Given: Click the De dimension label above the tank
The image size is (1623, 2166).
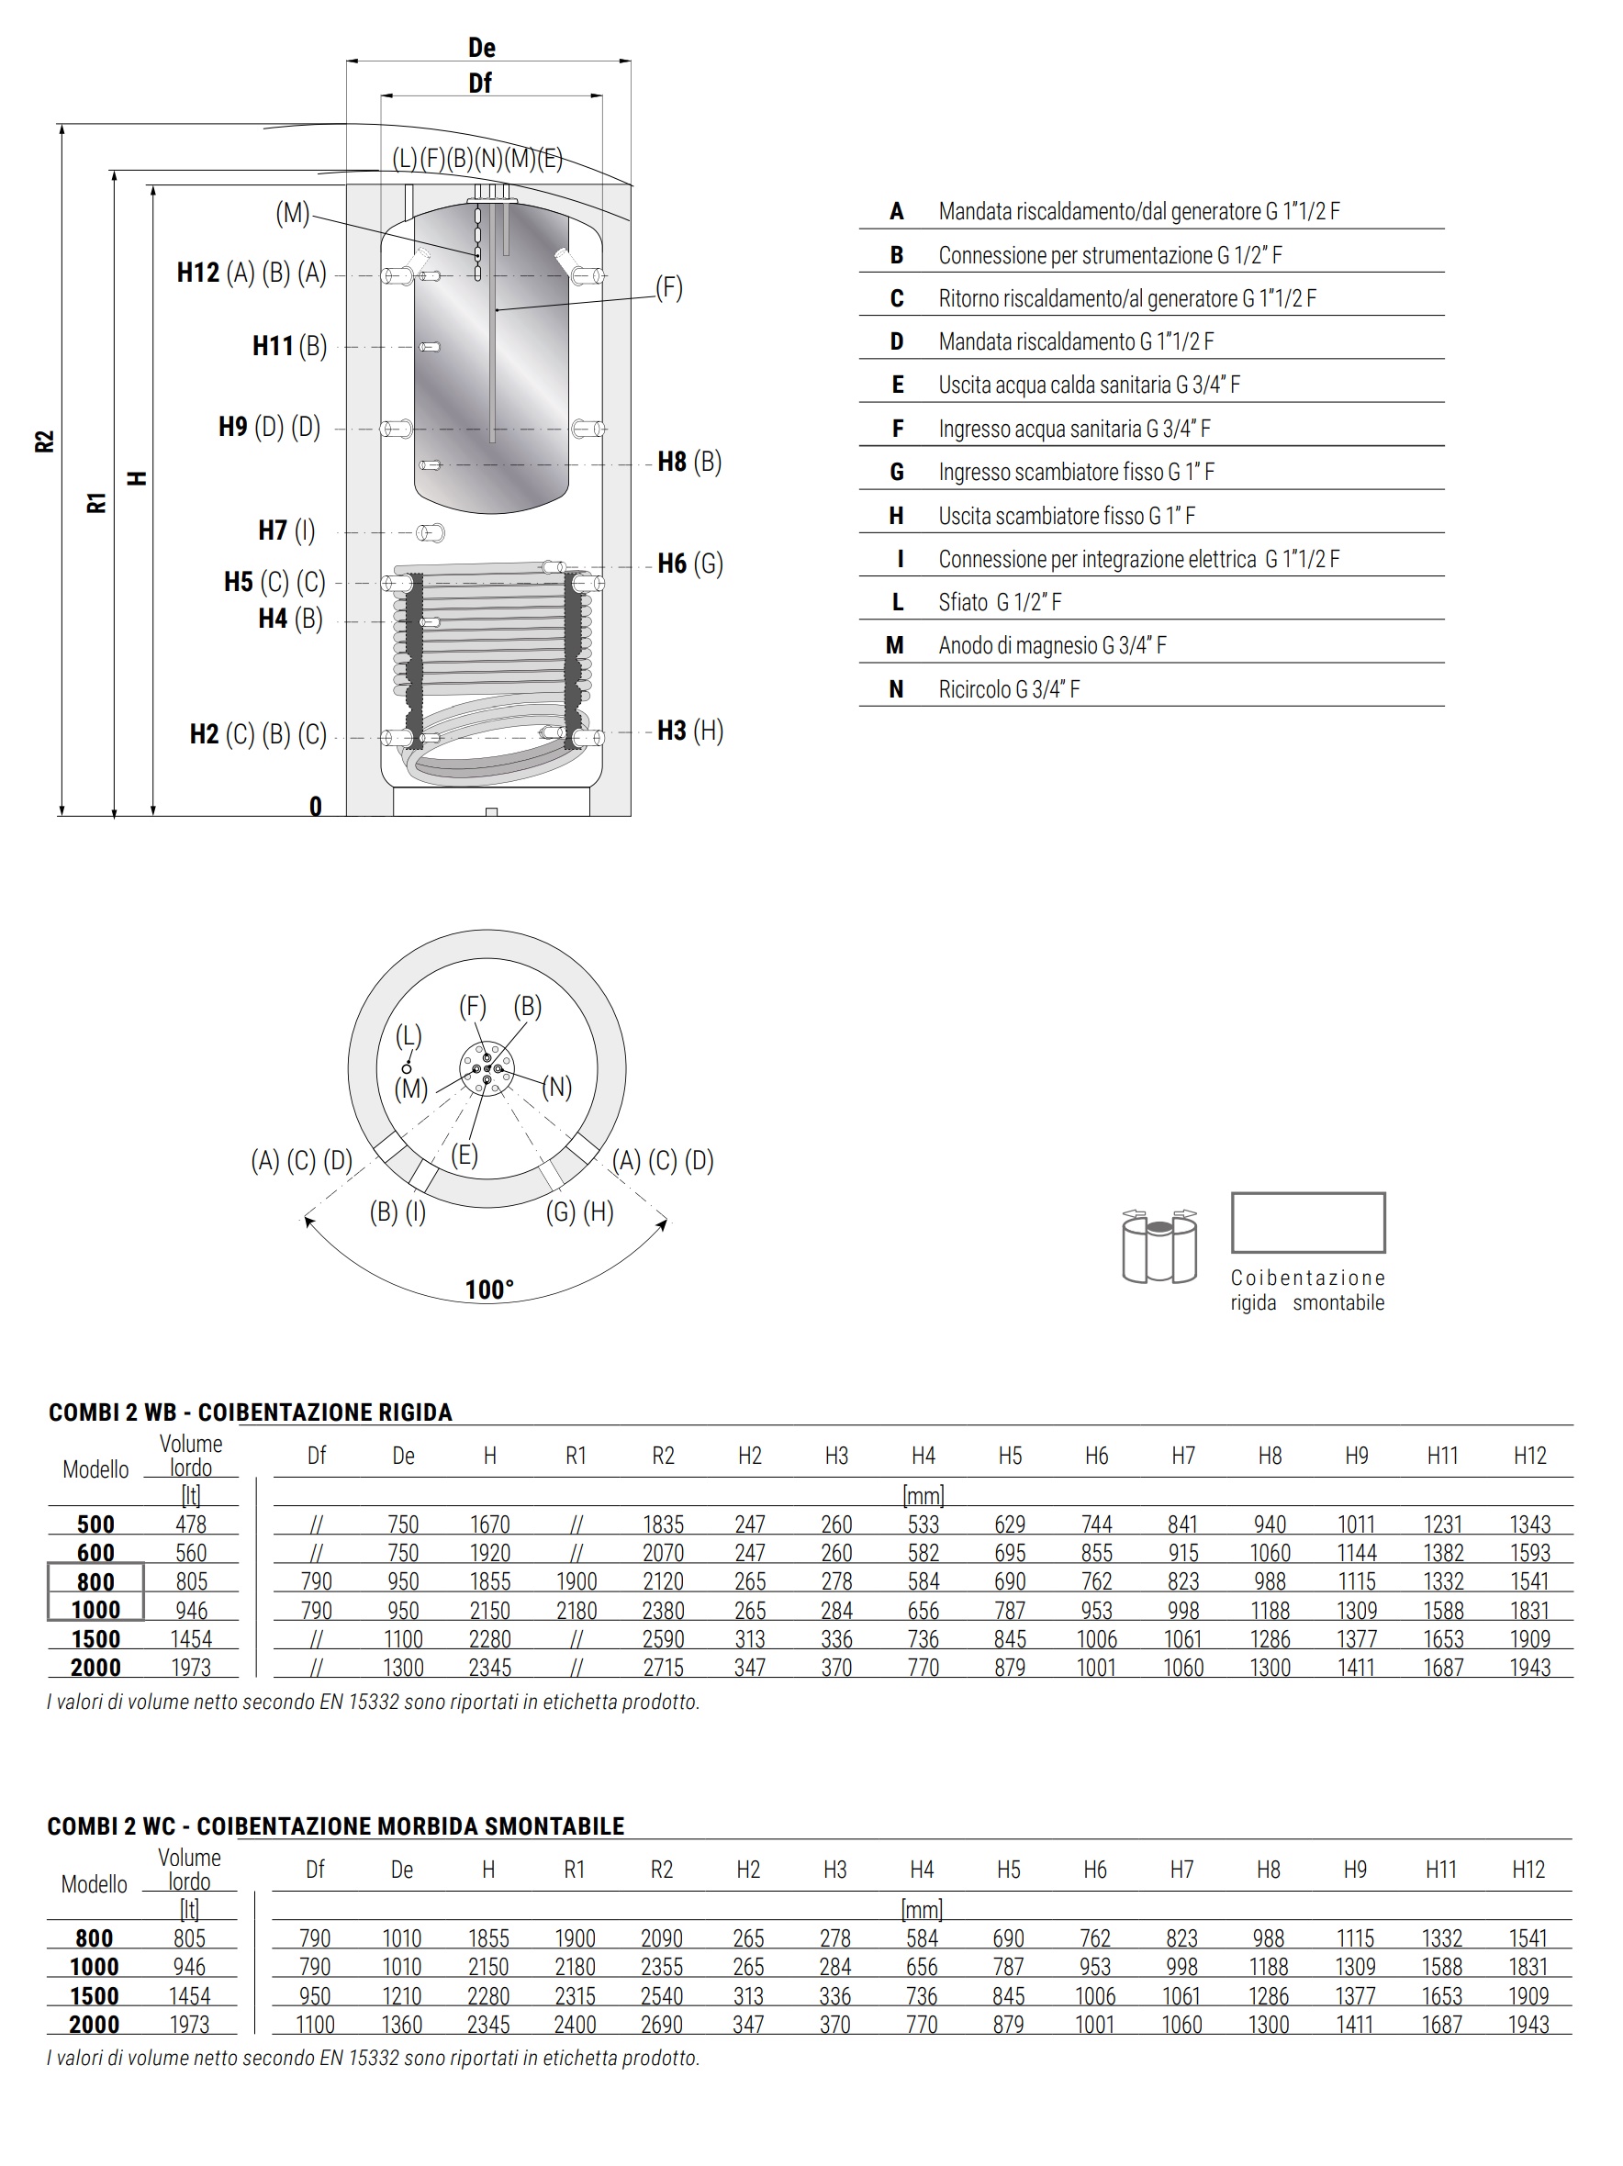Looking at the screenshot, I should (x=481, y=48).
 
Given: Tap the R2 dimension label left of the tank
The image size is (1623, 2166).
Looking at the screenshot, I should (x=44, y=441).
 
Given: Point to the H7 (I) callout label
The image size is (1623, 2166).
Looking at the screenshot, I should (x=286, y=530).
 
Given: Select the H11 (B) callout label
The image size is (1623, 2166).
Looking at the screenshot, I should (x=289, y=346).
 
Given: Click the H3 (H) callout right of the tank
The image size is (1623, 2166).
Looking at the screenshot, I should (x=689, y=731).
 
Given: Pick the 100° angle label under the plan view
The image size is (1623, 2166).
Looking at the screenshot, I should (x=488, y=1290).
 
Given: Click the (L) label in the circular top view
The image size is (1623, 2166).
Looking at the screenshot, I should (x=409, y=1036).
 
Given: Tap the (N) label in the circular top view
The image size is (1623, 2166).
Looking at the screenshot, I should (x=556, y=1087).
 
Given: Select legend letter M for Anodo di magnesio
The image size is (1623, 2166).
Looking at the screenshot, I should (x=894, y=645).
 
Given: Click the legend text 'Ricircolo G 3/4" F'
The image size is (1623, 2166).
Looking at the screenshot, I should (x=1009, y=689).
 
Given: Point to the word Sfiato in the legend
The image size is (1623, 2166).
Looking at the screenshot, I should (x=963, y=602).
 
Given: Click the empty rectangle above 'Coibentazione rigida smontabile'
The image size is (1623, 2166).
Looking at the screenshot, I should (x=1307, y=1223).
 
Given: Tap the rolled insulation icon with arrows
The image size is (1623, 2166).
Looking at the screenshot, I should (x=1158, y=1245).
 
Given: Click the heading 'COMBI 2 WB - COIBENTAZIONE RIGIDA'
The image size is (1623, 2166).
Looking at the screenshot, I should (x=250, y=1412).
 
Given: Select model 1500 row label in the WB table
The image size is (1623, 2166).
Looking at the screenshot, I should (x=95, y=1639).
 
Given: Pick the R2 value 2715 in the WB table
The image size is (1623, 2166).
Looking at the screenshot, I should (x=662, y=1668).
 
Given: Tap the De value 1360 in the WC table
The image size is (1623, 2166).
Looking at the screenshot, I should (x=401, y=2024).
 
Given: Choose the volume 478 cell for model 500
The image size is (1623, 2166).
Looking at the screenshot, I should (x=190, y=1524).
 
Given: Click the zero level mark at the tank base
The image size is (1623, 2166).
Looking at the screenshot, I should (x=316, y=806).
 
